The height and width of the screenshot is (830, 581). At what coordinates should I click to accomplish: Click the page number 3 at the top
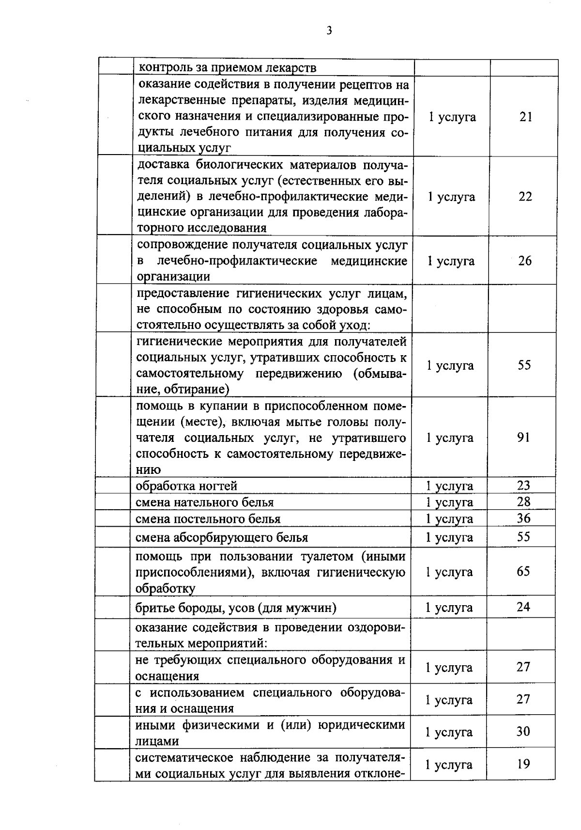pyautogui.click(x=329, y=31)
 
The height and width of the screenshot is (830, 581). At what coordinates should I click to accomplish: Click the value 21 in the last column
pyautogui.click(x=526, y=117)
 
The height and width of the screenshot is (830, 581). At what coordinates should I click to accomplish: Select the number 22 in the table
pyautogui.click(x=525, y=196)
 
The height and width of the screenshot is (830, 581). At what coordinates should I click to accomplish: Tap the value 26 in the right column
pyautogui.click(x=525, y=261)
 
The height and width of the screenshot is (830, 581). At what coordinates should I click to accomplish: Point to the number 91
pyautogui.click(x=523, y=438)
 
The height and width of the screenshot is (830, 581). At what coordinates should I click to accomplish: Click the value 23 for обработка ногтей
pyautogui.click(x=523, y=485)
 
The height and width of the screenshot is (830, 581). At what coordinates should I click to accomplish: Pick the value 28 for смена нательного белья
pyautogui.click(x=523, y=501)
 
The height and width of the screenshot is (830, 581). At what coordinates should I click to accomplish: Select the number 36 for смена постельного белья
pyautogui.click(x=523, y=518)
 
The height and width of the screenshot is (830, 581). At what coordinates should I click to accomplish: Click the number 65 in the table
pyautogui.click(x=523, y=571)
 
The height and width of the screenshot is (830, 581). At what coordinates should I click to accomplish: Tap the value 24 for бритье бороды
pyautogui.click(x=523, y=607)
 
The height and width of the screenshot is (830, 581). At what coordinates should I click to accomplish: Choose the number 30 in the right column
pyautogui.click(x=523, y=731)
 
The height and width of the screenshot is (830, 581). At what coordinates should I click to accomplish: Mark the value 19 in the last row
pyautogui.click(x=523, y=764)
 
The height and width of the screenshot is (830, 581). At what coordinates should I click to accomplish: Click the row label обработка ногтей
pyautogui.click(x=186, y=486)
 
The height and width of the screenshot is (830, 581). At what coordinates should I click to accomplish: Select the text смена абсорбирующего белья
pyautogui.click(x=222, y=537)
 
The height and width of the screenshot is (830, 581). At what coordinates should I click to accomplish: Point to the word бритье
pyautogui.click(x=151, y=608)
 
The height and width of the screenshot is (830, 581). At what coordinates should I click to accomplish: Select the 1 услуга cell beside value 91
pyautogui.click(x=449, y=438)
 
